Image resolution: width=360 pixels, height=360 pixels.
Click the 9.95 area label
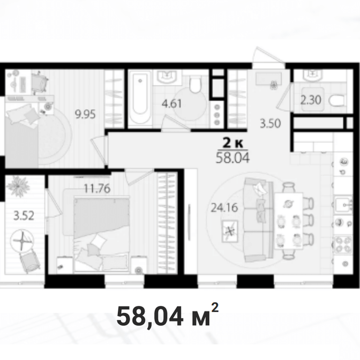[x=85, y=114]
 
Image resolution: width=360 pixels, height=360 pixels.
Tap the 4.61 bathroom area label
[x=172, y=103]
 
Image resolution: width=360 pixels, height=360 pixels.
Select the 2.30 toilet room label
[x=311, y=100]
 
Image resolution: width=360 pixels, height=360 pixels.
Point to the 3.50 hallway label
[x=270, y=124]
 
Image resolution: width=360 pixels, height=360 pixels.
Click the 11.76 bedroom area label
[x=97, y=189]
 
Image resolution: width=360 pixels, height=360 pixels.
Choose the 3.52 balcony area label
[x=24, y=215]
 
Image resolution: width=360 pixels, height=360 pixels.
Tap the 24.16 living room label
[x=224, y=208]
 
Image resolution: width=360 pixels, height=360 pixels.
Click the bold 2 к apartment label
[x=232, y=143]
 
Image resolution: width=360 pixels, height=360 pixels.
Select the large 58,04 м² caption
[x=168, y=316]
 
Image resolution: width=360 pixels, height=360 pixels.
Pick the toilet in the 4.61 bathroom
[x=195, y=84]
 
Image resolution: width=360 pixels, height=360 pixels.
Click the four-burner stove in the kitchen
[x=343, y=244]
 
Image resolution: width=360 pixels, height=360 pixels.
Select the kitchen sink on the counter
[x=343, y=205]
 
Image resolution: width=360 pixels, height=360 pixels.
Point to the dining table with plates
[x=289, y=221]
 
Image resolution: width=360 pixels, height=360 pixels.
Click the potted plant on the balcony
[x=18, y=186]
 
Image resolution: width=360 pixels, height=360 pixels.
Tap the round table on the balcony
[x=22, y=241]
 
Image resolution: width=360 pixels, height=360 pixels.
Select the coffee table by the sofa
[x=230, y=231]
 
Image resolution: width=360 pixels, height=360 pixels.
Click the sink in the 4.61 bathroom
[x=167, y=77]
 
